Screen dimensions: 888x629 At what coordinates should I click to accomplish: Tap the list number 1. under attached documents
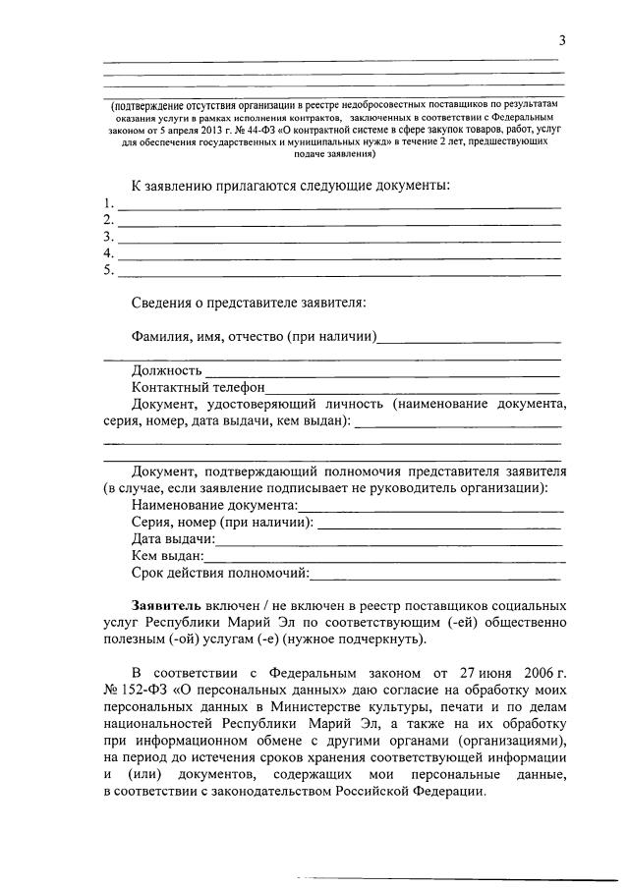[x=108, y=204]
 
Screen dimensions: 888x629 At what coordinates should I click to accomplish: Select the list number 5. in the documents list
[x=108, y=269]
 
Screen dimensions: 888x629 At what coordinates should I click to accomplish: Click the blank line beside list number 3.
[x=339, y=239]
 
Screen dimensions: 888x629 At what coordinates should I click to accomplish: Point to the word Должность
[x=167, y=370]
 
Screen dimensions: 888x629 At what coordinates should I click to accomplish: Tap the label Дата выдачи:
[x=173, y=539]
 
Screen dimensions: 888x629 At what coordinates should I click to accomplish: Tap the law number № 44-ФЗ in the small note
[x=252, y=129]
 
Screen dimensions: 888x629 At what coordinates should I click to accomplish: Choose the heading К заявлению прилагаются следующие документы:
[x=291, y=187]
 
